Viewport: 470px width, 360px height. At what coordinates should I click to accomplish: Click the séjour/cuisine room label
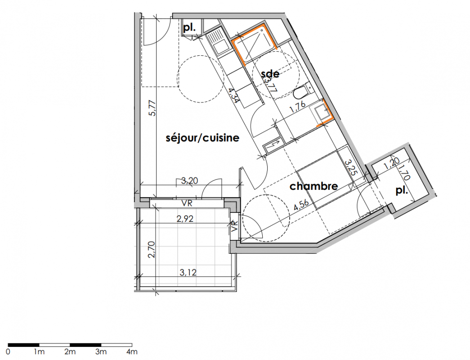(202, 138)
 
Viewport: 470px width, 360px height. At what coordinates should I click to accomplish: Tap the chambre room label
(313, 186)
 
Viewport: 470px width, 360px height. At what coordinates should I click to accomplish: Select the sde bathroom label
(270, 74)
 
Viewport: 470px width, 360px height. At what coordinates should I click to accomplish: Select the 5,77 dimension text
(152, 108)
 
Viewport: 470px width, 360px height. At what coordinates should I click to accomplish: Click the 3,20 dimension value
(189, 180)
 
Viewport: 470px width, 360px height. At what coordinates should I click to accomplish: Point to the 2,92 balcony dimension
(185, 219)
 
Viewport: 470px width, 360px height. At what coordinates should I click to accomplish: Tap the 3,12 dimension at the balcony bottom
(188, 272)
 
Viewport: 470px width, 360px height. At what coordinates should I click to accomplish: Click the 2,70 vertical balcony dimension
(152, 250)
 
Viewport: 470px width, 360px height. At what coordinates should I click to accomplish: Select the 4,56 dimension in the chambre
(301, 205)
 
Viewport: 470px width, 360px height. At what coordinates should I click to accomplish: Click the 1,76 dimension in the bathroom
(297, 107)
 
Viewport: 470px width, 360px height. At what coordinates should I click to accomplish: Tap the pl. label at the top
(189, 28)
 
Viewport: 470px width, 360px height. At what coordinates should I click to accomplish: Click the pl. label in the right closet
(402, 190)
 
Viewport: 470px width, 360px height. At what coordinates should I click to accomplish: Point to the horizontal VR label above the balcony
(187, 203)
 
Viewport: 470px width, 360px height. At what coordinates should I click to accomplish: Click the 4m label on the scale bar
(132, 351)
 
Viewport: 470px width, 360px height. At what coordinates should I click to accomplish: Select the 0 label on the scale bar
(8, 351)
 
